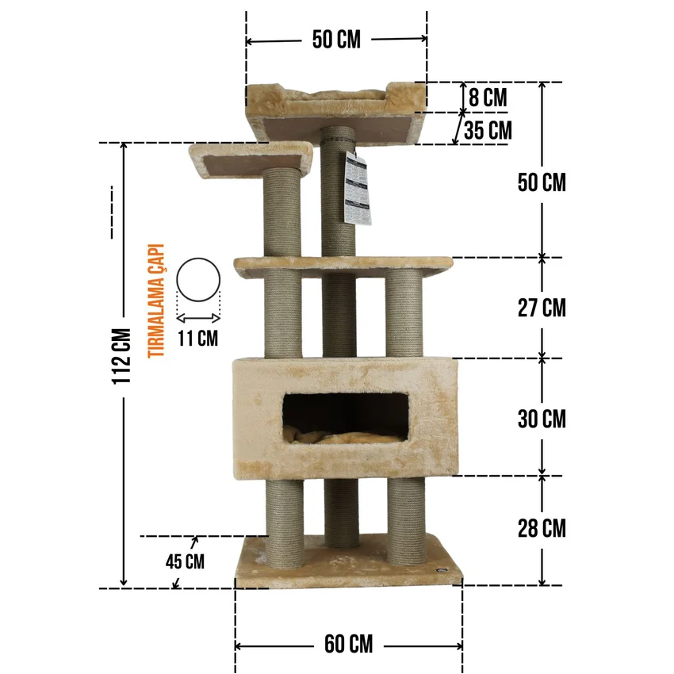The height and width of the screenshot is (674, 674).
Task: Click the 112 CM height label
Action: (121, 356)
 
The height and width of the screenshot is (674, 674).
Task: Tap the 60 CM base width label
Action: (349, 644)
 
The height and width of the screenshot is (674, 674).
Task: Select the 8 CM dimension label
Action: (488, 98)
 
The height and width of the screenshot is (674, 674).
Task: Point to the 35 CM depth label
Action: (488, 131)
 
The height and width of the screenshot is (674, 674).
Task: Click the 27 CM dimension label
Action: (542, 308)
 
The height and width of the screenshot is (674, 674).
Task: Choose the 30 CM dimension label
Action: (542, 419)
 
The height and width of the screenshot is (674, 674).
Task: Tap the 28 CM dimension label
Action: (542, 528)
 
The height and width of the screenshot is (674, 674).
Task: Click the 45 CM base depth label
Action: (185, 561)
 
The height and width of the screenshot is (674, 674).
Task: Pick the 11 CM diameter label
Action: (197, 339)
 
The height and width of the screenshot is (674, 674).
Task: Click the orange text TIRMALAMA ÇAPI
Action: (156, 301)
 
